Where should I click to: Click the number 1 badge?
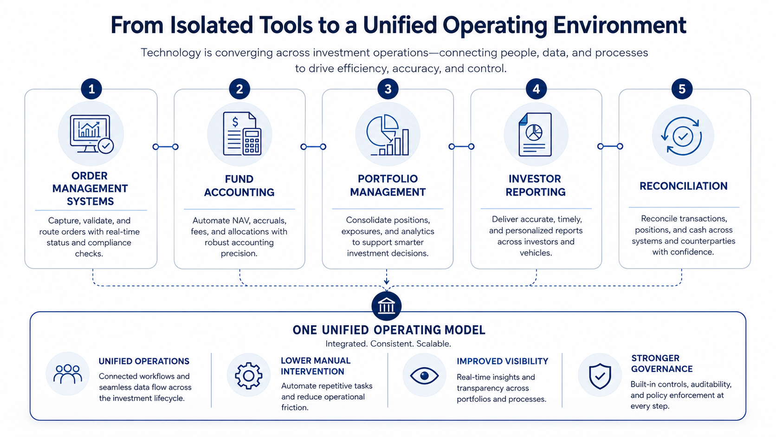pyautogui.click(x=91, y=89)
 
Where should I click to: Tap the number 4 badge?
pyautogui.click(x=536, y=89)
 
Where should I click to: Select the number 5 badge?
pyautogui.click(x=682, y=89)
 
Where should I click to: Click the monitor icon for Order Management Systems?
pyautogui.click(x=91, y=134)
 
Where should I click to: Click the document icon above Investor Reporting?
pyautogui.click(x=535, y=135)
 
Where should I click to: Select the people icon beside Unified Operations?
pyautogui.click(x=68, y=374)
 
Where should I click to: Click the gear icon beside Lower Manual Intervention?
pyautogui.click(x=248, y=376)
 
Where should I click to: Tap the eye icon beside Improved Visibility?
pyautogui.click(x=424, y=376)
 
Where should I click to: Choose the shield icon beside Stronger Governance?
pyautogui.click(x=600, y=376)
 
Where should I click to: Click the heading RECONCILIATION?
pyautogui.click(x=684, y=186)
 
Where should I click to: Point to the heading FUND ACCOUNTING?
pyautogui.click(x=239, y=186)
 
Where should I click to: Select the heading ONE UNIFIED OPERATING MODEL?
pyautogui.click(x=388, y=330)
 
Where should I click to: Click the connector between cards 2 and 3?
pyautogui.click(x=313, y=147)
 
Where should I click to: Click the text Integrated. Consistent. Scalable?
pyautogui.click(x=388, y=344)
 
